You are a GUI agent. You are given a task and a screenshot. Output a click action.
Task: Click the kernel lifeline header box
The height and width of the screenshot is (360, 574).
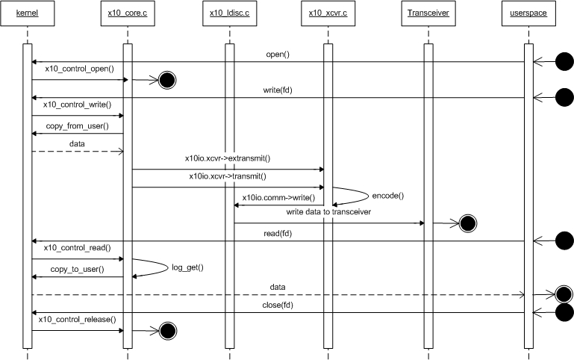tap(27, 14)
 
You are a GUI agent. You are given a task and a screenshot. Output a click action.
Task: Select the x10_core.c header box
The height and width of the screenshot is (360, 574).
tap(128, 14)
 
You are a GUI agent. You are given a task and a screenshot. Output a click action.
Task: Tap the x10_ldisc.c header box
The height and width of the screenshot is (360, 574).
tap(229, 14)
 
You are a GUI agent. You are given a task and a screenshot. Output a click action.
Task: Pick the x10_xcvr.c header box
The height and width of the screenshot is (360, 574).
tap(328, 14)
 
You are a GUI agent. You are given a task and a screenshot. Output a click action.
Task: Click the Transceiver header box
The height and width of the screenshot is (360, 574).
tap(428, 14)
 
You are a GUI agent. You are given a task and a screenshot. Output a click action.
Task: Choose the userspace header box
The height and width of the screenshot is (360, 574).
tap(528, 14)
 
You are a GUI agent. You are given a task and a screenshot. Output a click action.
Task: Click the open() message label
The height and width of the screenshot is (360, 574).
tap(278, 55)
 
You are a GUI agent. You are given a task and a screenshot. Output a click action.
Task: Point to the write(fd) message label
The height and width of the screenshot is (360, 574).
tap(278, 90)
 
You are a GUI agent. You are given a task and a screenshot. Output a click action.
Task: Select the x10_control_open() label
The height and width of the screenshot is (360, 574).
tap(79, 69)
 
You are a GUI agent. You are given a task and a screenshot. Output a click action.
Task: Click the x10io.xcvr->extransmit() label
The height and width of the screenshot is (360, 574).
tap(227, 158)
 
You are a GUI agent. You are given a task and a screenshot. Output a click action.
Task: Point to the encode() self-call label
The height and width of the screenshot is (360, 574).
tap(387, 196)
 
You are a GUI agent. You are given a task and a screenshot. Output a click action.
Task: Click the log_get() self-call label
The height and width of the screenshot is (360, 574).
tap(187, 267)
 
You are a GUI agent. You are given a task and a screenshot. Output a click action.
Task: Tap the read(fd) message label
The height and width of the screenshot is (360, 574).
tap(277, 233)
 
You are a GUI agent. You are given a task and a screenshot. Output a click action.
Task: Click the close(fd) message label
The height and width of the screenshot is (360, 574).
tap(277, 305)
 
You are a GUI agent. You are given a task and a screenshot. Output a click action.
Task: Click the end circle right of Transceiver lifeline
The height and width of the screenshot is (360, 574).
tap(468, 223)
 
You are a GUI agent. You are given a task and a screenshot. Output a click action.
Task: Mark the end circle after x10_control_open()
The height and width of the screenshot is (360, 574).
tap(166, 79)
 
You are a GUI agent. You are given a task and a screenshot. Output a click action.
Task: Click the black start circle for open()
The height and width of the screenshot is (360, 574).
tap(564, 62)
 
